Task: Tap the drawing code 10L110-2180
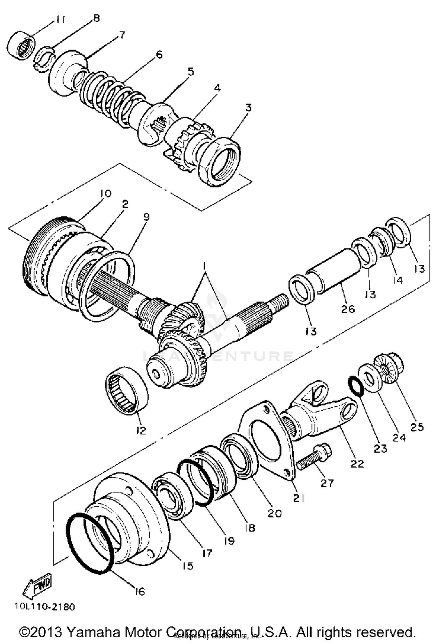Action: pos(45,607)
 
